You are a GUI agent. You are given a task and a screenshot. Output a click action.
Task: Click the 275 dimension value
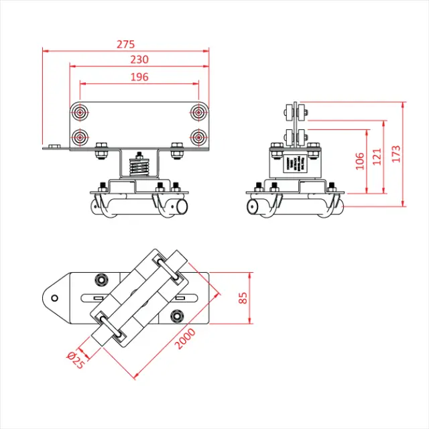tap(125, 44)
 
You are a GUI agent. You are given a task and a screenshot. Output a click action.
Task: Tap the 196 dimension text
tap(139, 77)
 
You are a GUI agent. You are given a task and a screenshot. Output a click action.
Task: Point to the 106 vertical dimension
tap(360, 161)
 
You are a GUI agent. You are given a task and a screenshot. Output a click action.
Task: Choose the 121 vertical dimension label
tap(377, 157)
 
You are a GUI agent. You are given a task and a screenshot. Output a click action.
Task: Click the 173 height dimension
tap(396, 154)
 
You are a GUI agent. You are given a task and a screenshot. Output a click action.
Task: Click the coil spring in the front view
tap(139, 164)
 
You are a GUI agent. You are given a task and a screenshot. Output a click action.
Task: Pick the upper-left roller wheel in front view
tap(81, 112)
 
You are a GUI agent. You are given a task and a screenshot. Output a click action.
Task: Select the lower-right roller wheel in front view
tap(198, 137)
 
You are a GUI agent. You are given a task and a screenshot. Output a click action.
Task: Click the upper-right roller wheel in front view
tap(198, 112)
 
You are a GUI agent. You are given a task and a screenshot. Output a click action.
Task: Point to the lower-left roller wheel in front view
tap(81, 137)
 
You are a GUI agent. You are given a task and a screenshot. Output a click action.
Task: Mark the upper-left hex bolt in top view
tap(101, 280)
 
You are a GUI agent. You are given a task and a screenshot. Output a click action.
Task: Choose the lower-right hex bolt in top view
tap(176, 316)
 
